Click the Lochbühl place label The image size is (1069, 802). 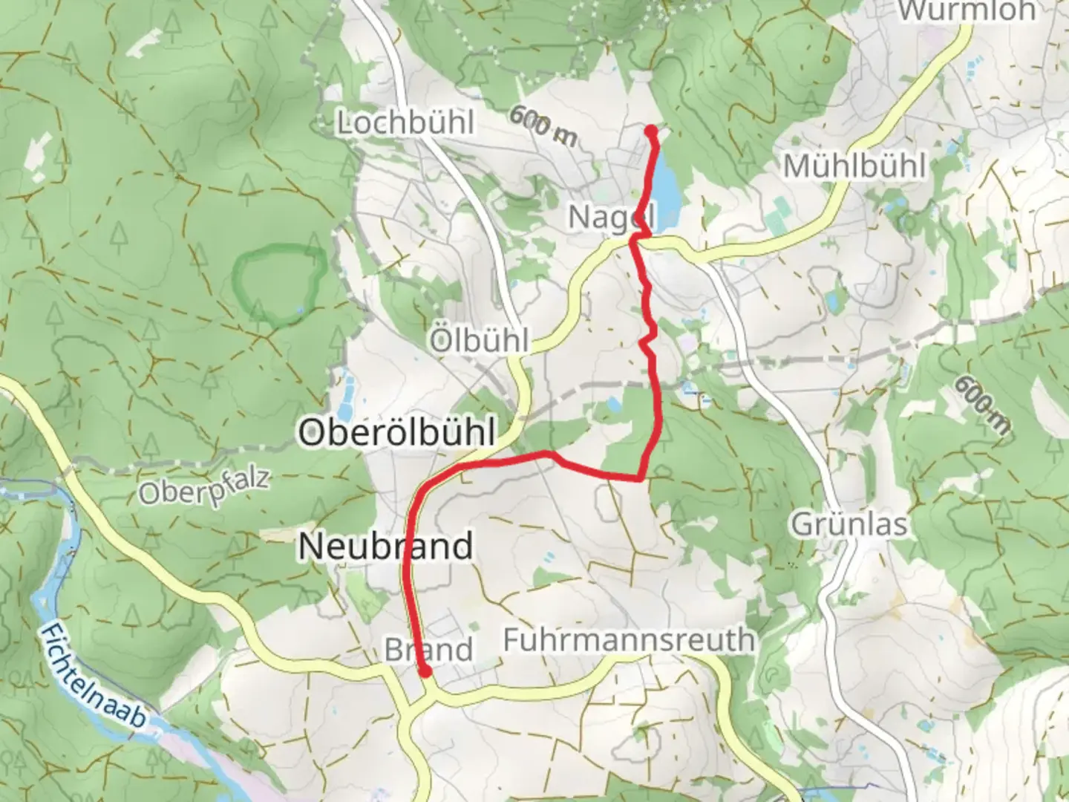point(405,123)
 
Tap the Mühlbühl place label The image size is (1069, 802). point(854,166)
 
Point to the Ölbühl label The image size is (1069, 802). point(479,341)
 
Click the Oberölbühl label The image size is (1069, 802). point(396,432)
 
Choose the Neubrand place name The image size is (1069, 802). point(385,547)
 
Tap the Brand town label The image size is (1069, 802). point(428,651)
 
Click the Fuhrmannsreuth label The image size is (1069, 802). point(629,639)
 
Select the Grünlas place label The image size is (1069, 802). point(849,524)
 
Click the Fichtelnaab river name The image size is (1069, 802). point(94,675)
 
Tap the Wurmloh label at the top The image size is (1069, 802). point(967,10)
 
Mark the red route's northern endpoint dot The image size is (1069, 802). point(651,131)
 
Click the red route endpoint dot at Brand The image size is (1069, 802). point(425,671)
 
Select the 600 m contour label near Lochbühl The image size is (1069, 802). point(543,125)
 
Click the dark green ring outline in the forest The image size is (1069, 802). point(278,285)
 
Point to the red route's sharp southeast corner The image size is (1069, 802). point(640,477)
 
